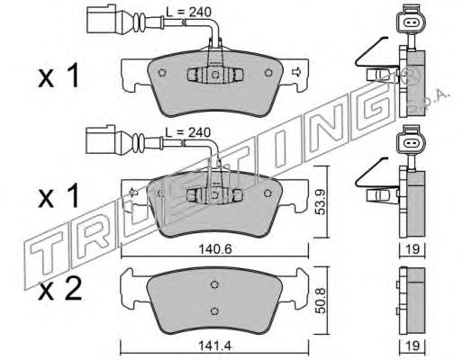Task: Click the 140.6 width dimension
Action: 215,249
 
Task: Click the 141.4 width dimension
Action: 215,346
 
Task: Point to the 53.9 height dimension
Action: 321,202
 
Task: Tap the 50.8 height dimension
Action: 321,301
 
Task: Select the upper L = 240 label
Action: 189,12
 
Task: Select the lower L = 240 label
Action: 188,132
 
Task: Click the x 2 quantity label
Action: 60,289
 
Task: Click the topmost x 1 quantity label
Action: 59,76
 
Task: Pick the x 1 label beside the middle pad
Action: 59,195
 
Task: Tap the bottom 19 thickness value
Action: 413,346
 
